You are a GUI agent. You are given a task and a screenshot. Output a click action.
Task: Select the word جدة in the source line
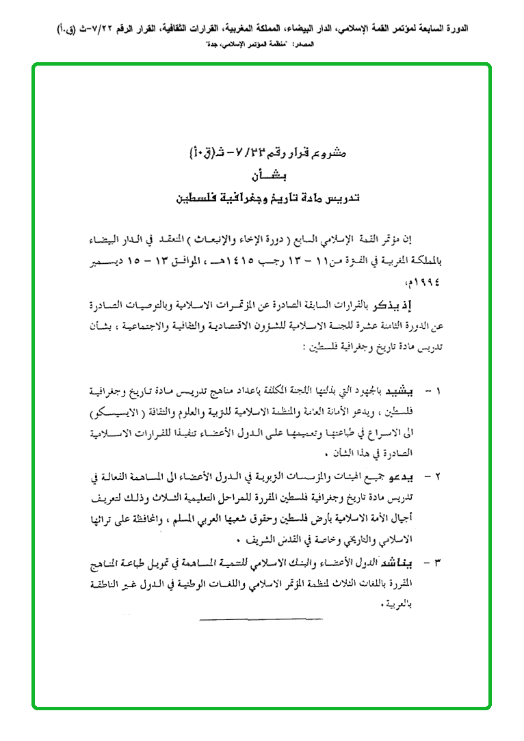coord(205,43)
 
